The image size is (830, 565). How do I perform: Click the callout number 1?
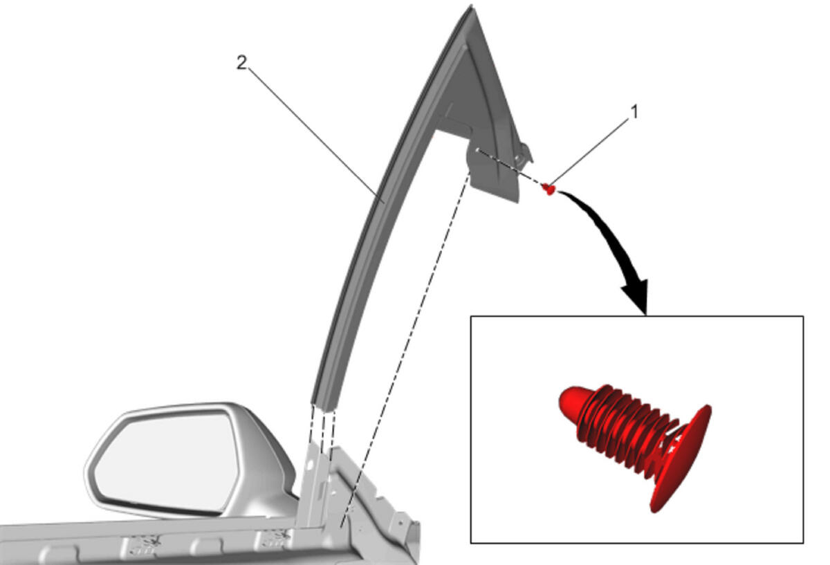click(x=634, y=112)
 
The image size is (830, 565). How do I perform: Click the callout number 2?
click(x=241, y=63)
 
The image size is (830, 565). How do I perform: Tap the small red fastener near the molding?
click(x=548, y=189)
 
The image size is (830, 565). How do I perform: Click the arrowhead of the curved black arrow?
click(x=637, y=297)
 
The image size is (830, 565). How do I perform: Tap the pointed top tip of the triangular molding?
click(x=471, y=6)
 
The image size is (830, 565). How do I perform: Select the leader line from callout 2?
click(x=315, y=134)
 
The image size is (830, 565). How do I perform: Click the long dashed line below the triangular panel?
click(x=406, y=349)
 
